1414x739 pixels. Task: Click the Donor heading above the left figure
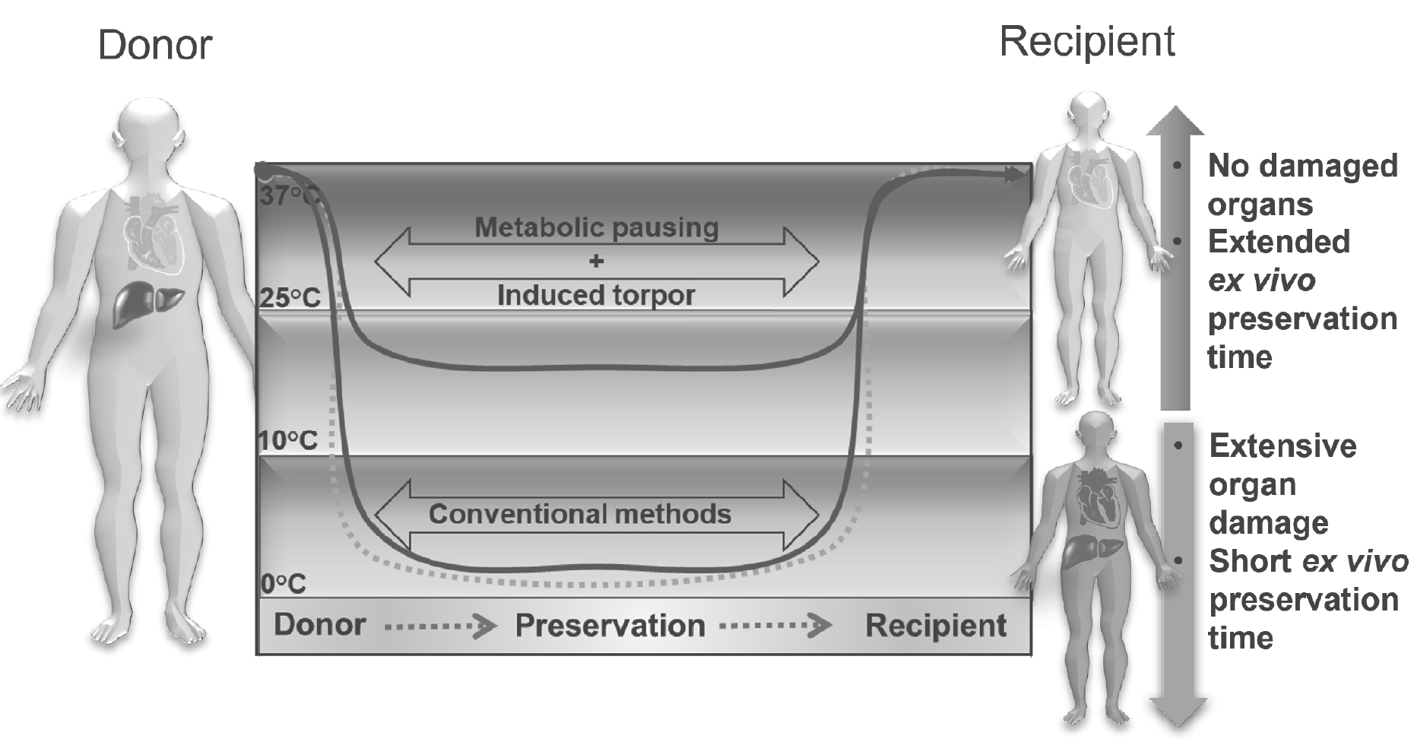pyautogui.click(x=154, y=45)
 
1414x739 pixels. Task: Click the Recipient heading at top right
pyautogui.click(x=1086, y=41)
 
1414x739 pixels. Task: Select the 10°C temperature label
pyautogui.click(x=288, y=440)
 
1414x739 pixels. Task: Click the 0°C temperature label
pyautogui.click(x=283, y=584)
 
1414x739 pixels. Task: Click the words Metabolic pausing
pyautogui.click(x=596, y=227)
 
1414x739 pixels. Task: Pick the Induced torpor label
pyautogui.click(x=596, y=295)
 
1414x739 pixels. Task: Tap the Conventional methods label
pyautogui.click(x=579, y=514)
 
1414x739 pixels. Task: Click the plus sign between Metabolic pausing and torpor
pyautogui.click(x=596, y=262)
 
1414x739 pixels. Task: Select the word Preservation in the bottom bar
pyautogui.click(x=610, y=626)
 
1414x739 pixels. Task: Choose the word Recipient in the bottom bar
pyautogui.click(x=936, y=626)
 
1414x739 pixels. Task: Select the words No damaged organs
pyautogui.click(x=1302, y=185)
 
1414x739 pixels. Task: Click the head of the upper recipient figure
pyautogui.click(x=1089, y=114)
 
